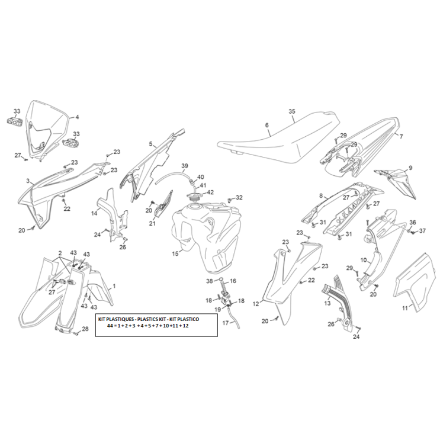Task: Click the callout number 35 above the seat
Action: pyautogui.click(x=291, y=111)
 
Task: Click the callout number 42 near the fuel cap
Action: pyautogui.click(x=210, y=192)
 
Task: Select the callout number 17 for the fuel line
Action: pyautogui.click(x=226, y=323)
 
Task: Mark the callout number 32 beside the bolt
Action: pyautogui.click(x=239, y=197)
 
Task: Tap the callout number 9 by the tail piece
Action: pyautogui.click(x=410, y=168)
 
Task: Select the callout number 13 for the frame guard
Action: pyautogui.click(x=327, y=304)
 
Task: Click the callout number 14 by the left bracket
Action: pyautogui.click(x=94, y=213)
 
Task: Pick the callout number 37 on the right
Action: pyautogui.click(x=422, y=231)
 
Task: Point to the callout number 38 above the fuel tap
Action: pyautogui.click(x=210, y=281)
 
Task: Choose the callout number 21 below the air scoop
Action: pyautogui.click(x=152, y=223)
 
